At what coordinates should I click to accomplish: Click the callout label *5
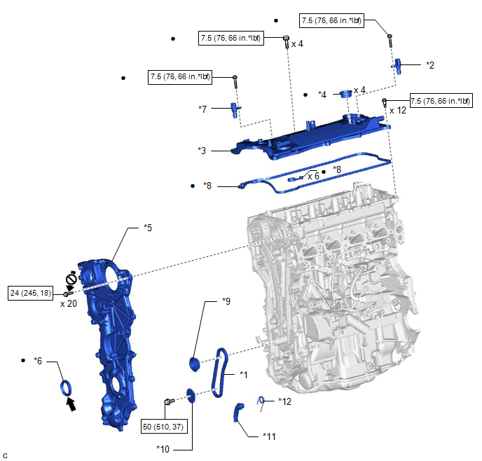click(148, 227)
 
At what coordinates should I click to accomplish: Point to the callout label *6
click(38, 361)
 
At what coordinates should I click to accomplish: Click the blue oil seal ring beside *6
click(65, 387)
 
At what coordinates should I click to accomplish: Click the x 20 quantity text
click(68, 303)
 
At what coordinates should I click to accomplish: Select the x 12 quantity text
click(397, 110)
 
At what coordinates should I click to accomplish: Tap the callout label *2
click(430, 65)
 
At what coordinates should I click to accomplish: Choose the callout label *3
click(202, 150)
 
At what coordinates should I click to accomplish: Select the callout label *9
click(226, 301)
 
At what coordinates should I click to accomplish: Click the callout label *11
click(270, 436)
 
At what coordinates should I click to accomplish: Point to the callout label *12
click(285, 401)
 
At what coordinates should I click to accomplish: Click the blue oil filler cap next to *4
click(344, 94)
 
